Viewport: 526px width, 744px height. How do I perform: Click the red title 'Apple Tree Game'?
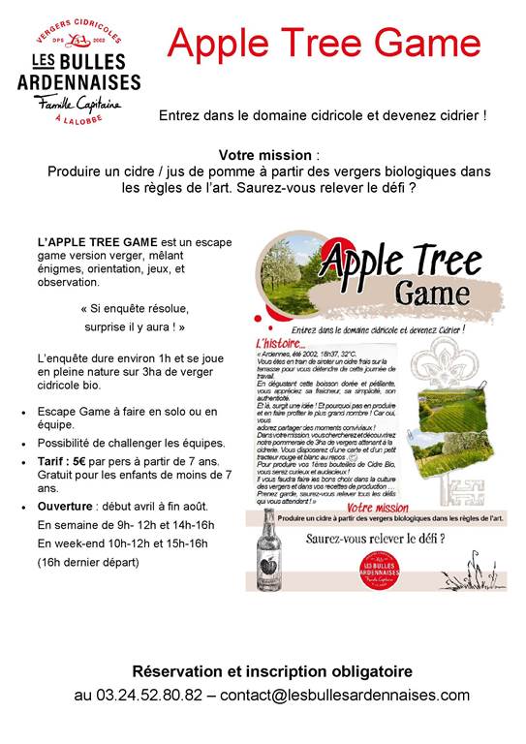click(324, 43)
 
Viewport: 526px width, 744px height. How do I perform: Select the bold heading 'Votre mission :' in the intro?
click(268, 155)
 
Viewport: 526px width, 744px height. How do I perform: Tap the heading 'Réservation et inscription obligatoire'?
click(271, 670)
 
